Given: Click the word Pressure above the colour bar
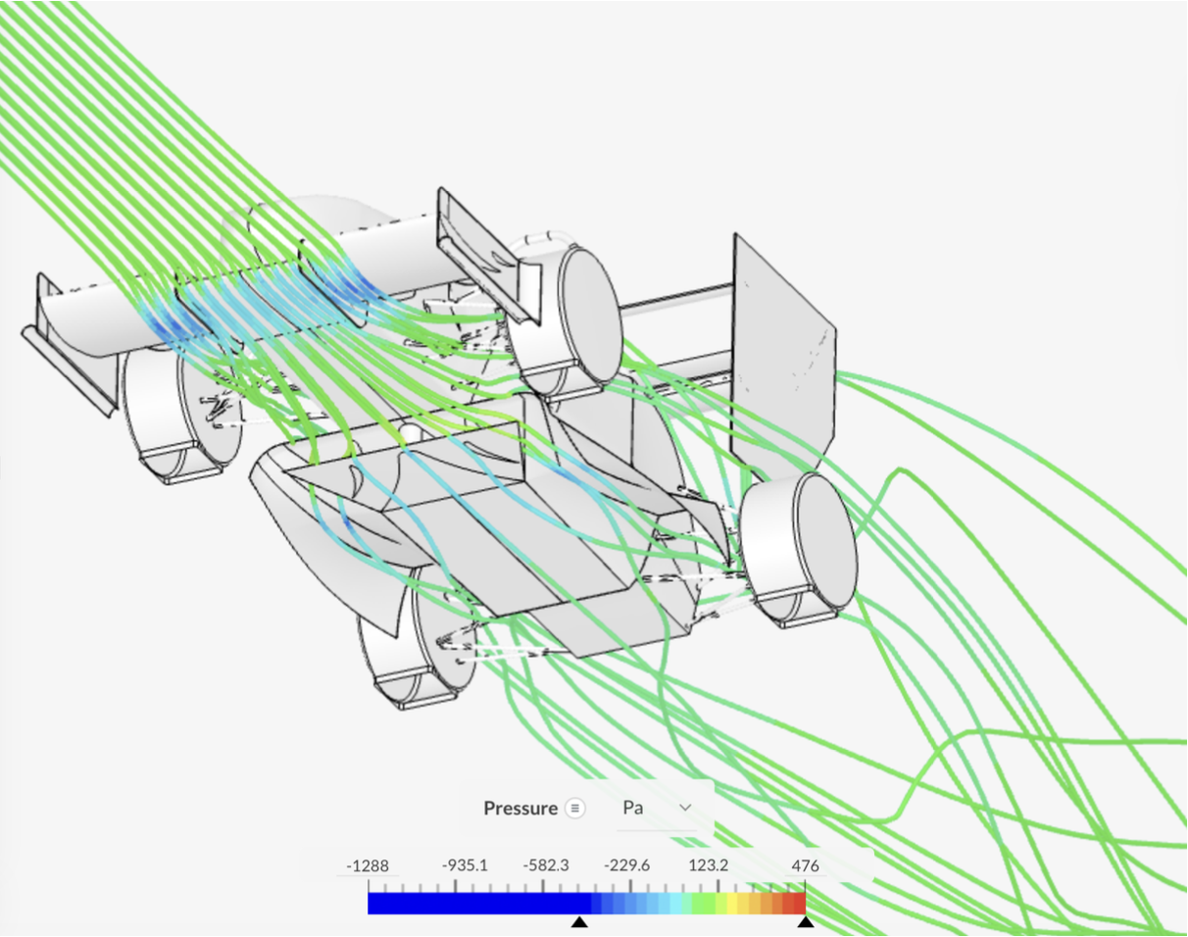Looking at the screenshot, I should coord(520,809).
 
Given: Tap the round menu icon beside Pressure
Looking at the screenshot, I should coord(575,809).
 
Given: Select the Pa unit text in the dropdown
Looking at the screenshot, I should coord(633,809).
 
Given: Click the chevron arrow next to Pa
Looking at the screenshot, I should coord(686,808).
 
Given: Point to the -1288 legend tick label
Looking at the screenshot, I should coord(368,866).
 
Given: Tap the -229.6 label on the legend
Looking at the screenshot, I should coord(626,866).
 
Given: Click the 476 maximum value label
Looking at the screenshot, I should coord(805,866).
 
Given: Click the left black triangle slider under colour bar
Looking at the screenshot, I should coord(580,922).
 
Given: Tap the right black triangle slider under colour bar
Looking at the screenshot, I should coord(805,922).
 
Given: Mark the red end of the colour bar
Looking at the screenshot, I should coord(797,903).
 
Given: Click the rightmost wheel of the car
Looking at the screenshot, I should coord(804,549).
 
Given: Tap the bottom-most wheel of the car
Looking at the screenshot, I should coord(407,647).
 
